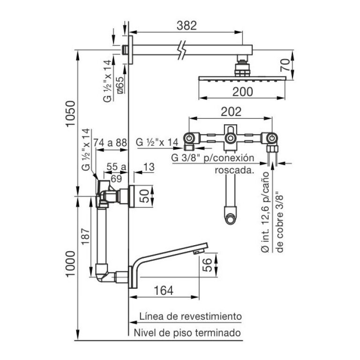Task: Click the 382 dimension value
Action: point(187,25)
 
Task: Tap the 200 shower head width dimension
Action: point(243,91)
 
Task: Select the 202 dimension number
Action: point(231,112)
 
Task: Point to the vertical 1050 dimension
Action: point(70,113)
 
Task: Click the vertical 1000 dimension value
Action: point(70,264)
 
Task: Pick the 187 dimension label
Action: point(85,236)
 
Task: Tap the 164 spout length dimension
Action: point(164,291)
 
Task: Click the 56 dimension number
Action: point(207,265)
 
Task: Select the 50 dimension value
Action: point(145,196)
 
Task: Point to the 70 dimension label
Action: point(285,65)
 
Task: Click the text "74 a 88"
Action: point(110,142)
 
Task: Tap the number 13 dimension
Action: point(149,167)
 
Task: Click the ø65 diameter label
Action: point(120,85)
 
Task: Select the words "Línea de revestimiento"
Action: point(191,316)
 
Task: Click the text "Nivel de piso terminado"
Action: point(187,333)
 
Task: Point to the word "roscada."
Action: point(234,170)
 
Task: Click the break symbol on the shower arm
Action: point(182,50)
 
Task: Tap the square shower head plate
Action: point(242,79)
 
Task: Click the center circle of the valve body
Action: point(230,138)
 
